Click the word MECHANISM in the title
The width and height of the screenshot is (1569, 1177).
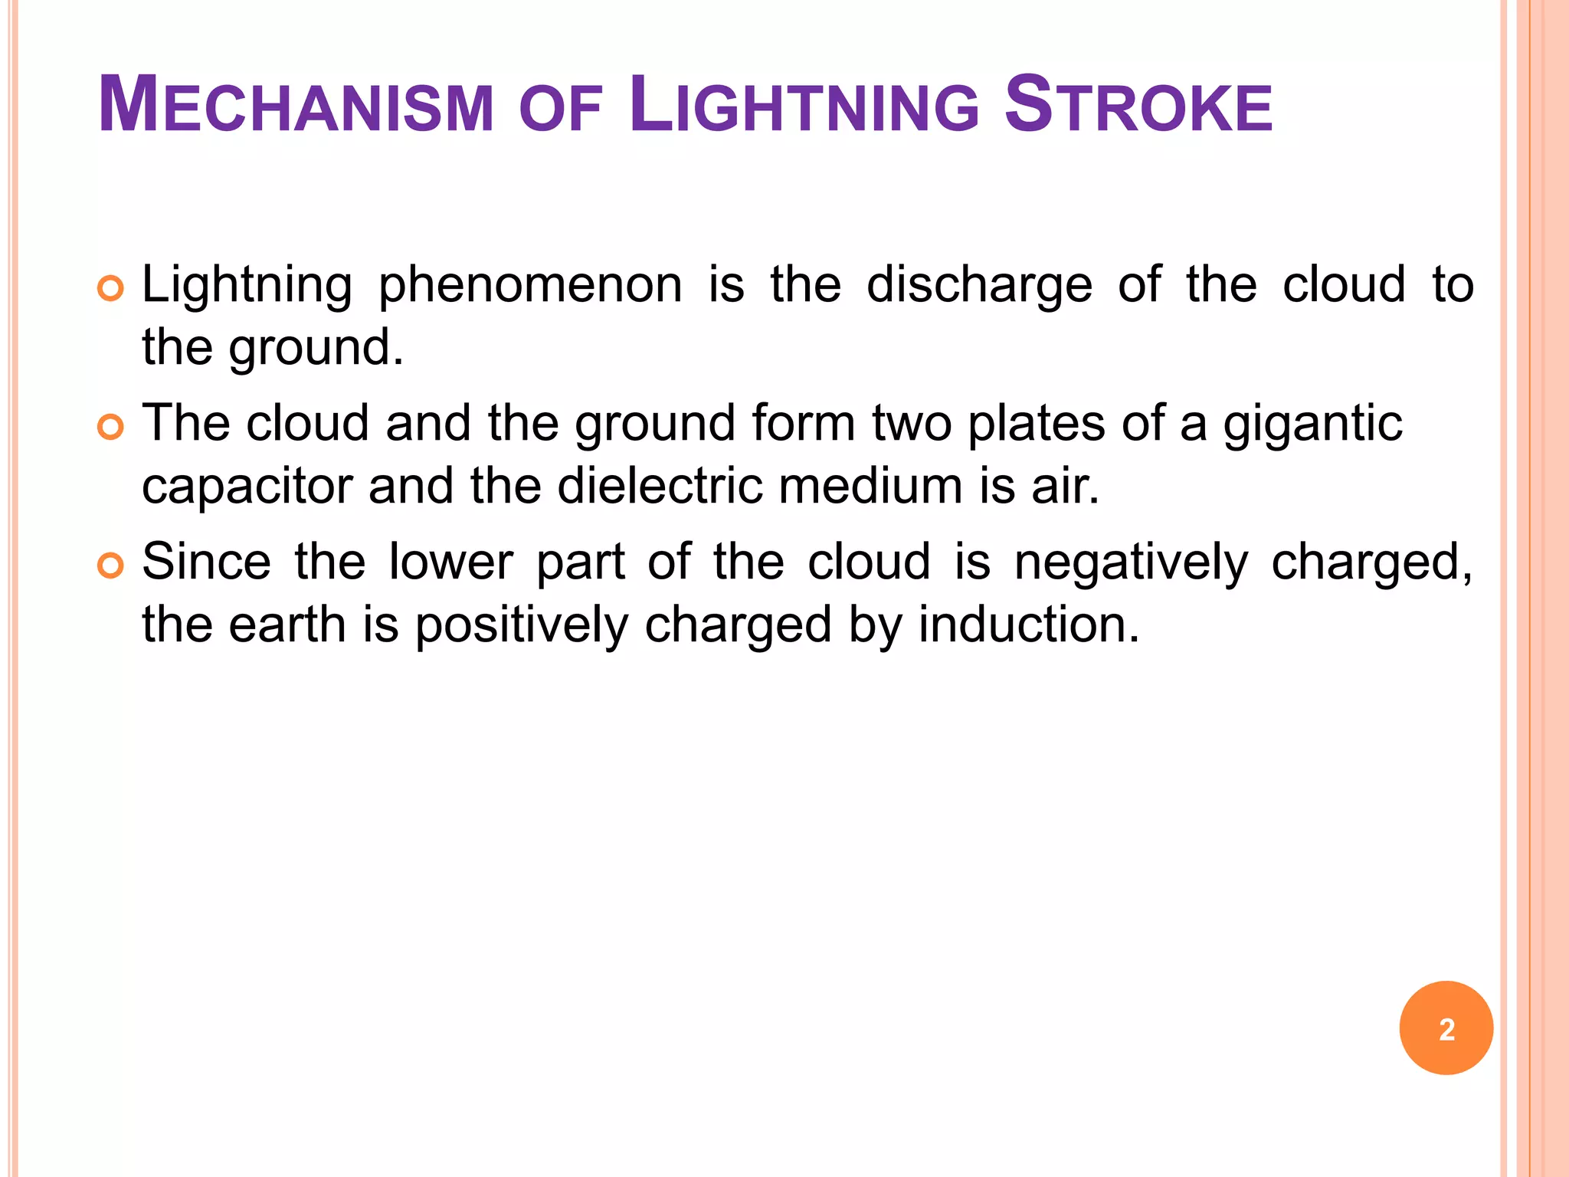[296, 106]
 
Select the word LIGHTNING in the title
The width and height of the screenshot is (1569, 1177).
[804, 106]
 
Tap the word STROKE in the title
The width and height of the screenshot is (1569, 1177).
[1138, 106]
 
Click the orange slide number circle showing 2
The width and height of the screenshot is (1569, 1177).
[1446, 1028]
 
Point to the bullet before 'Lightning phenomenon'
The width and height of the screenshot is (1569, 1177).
[111, 289]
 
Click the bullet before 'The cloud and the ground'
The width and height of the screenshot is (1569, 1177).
[111, 427]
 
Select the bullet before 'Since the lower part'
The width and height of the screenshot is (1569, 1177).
[111, 566]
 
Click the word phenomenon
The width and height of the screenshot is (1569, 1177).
[530, 286]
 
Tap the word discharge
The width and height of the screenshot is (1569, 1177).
[979, 286]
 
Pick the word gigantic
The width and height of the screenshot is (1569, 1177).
[1312, 424]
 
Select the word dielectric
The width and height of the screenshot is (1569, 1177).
[660, 486]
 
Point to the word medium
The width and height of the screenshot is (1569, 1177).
[870, 486]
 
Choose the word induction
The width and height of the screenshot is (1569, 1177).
[1029, 625]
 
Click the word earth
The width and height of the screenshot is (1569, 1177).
[287, 625]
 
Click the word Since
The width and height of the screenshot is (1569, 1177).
[206, 562]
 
